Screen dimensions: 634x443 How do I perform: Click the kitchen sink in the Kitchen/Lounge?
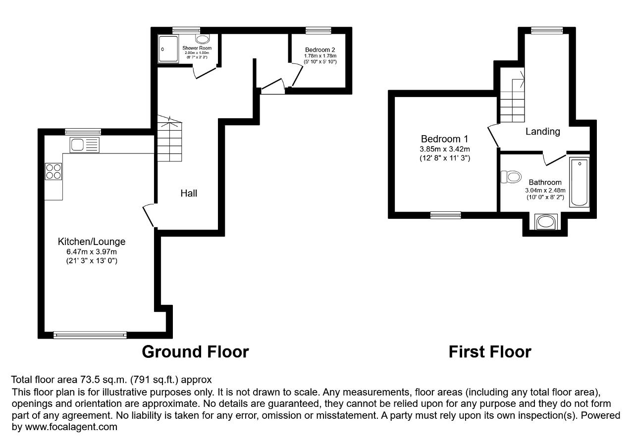pos(84,145)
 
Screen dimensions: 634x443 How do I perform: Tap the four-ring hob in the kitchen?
pos(53,171)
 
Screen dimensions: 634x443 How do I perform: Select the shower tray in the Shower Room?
pos(168,49)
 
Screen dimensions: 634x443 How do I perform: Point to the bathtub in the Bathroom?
pos(580,183)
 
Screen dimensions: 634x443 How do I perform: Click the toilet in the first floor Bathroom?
pos(511,177)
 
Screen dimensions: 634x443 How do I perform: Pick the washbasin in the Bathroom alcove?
pos(546,222)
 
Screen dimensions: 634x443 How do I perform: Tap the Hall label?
pos(189,194)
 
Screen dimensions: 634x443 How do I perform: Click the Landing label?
pos(542,132)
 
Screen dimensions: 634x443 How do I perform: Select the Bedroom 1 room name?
pos(444,139)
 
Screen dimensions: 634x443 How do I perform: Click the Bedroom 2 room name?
pos(320,50)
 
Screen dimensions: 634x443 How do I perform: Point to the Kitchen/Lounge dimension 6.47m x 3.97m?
pos(92,251)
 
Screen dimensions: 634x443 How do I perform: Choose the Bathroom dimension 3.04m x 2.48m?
pos(545,191)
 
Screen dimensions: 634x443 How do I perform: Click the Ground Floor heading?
pos(195,352)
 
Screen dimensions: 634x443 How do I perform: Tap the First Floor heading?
pos(490,352)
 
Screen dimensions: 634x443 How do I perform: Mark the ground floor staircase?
pos(169,138)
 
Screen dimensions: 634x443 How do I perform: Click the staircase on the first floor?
pos(512,95)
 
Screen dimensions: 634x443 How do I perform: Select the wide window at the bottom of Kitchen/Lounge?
pos(90,335)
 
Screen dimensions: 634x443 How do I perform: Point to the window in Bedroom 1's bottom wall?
pos(445,215)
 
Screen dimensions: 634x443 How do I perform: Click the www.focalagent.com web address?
pos(71,427)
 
